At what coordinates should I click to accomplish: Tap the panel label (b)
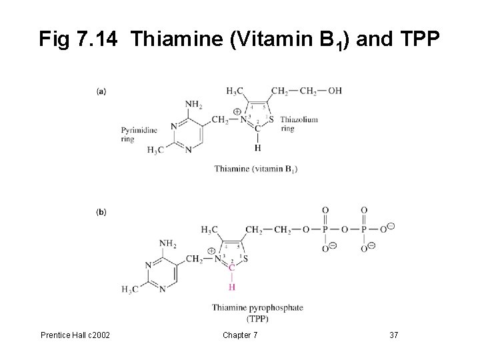(x=101, y=213)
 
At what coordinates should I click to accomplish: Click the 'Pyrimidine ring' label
(x=137, y=134)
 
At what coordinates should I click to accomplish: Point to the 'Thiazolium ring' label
(x=299, y=124)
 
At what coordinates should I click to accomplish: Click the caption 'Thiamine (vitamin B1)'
(x=255, y=169)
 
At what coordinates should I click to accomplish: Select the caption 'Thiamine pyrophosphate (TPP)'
(x=257, y=312)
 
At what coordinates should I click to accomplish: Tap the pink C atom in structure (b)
(x=231, y=268)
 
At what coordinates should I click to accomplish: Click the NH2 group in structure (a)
(x=193, y=105)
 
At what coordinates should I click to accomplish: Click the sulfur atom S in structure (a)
(x=272, y=119)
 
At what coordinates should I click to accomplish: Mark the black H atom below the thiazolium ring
(x=257, y=147)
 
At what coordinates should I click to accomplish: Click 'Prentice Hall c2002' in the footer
(x=75, y=335)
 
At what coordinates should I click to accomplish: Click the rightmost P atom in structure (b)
(x=364, y=230)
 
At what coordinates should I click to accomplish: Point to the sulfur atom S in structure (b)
(x=245, y=258)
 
